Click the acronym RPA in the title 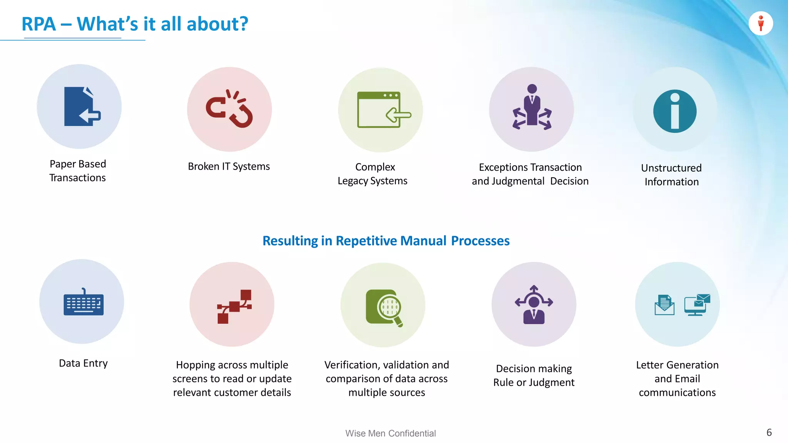pyautogui.click(x=38, y=24)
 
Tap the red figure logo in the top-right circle pyautogui.click(x=761, y=23)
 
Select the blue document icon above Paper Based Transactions pyautogui.click(x=81, y=107)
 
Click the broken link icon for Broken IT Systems pyautogui.click(x=229, y=109)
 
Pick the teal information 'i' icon pyautogui.click(x=674, y=112)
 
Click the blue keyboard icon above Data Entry pyautogui.click(x=83, y=303)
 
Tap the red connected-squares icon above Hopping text pyautogui.click(x=234, y=306)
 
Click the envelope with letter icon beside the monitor pyautogui.click(x=664, y=305)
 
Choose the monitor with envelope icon pyautogui.click(x=697, y=305)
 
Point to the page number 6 pyautogui.click(x=769, y=433)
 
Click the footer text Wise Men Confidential pyautogui.click(x=390, y=433)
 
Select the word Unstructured pyautogui.click(x=671, y=168)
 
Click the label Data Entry pyautogui.click(x=83, y=363)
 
